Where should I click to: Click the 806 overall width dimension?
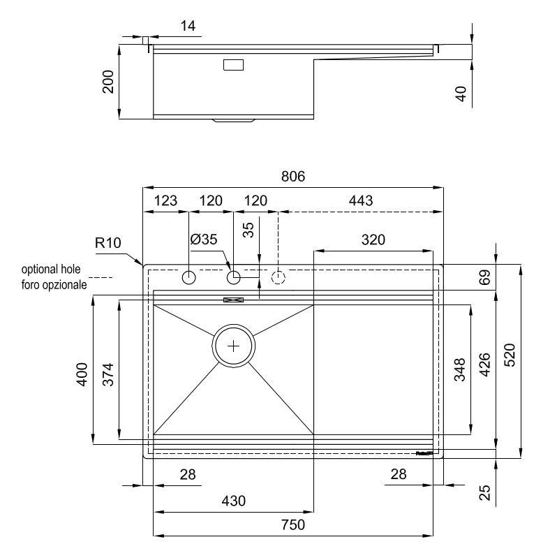click(293, 177)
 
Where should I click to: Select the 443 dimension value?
click(360, 200)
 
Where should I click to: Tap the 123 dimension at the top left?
click(165, 200)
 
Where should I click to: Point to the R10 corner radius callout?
click(109, 244)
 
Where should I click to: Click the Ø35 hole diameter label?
click(204, 239)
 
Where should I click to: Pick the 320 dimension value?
click(373, 240)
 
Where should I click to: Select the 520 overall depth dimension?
click(510, 360)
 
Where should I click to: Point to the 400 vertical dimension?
click(82, 374)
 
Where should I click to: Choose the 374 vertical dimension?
click(107, 374)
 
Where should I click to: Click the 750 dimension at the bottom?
click(292, 525)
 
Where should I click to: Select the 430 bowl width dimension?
click(233, 501)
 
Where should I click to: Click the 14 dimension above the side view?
click(188, 27)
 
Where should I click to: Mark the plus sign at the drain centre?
click(233, 345)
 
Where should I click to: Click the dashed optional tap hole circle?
click(278, 278)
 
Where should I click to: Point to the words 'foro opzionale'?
click(54, 285)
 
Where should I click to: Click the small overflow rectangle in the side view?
click(233, 65)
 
